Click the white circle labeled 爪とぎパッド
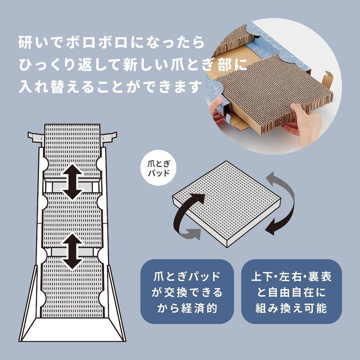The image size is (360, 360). point(158,168)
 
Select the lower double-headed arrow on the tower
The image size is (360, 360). point(72,252)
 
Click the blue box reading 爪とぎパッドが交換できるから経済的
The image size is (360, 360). point(187,292)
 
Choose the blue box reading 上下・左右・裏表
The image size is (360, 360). point(291,292)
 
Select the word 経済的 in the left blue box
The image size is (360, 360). point(199,308)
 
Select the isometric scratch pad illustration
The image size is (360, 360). point(227,204)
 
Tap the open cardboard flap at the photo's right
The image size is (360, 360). point(327,78)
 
